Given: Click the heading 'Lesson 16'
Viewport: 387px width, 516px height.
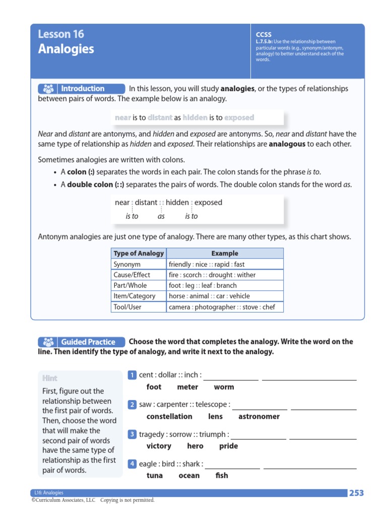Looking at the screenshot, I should coord(61,34).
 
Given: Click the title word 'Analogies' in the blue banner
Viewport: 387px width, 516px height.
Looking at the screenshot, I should coord(66,49).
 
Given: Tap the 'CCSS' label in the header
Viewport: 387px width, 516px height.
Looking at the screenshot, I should coord(264,35).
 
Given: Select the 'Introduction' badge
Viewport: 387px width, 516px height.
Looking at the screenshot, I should coord(81,89).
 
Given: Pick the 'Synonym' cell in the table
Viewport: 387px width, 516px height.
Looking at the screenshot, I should coord(127,264).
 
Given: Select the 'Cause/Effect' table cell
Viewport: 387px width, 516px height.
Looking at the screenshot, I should coord(132,275).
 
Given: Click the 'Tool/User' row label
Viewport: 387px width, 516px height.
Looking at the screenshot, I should coord(127,306).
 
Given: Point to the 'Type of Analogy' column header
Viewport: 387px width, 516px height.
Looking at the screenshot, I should coord(139,253).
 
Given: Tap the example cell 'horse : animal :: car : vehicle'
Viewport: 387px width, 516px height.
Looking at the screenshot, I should coord(209,296).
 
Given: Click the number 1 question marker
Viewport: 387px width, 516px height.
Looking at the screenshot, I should coord(132,375).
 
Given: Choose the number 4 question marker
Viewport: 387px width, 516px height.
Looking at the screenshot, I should coord(132,464).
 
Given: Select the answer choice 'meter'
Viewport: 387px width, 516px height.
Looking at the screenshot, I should coord(187,387).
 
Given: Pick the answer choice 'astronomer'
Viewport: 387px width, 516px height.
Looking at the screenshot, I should coord(259,417).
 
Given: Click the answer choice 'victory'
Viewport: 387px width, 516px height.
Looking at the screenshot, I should coord(159,446).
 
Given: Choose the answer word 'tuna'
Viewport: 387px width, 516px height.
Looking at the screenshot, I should coord(155,476).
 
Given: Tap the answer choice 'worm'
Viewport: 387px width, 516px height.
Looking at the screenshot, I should coord(224,387).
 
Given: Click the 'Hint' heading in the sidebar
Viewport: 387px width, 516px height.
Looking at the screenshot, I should coord(50,378).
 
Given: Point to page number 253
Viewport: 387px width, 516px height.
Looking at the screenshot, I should coord(356,493).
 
